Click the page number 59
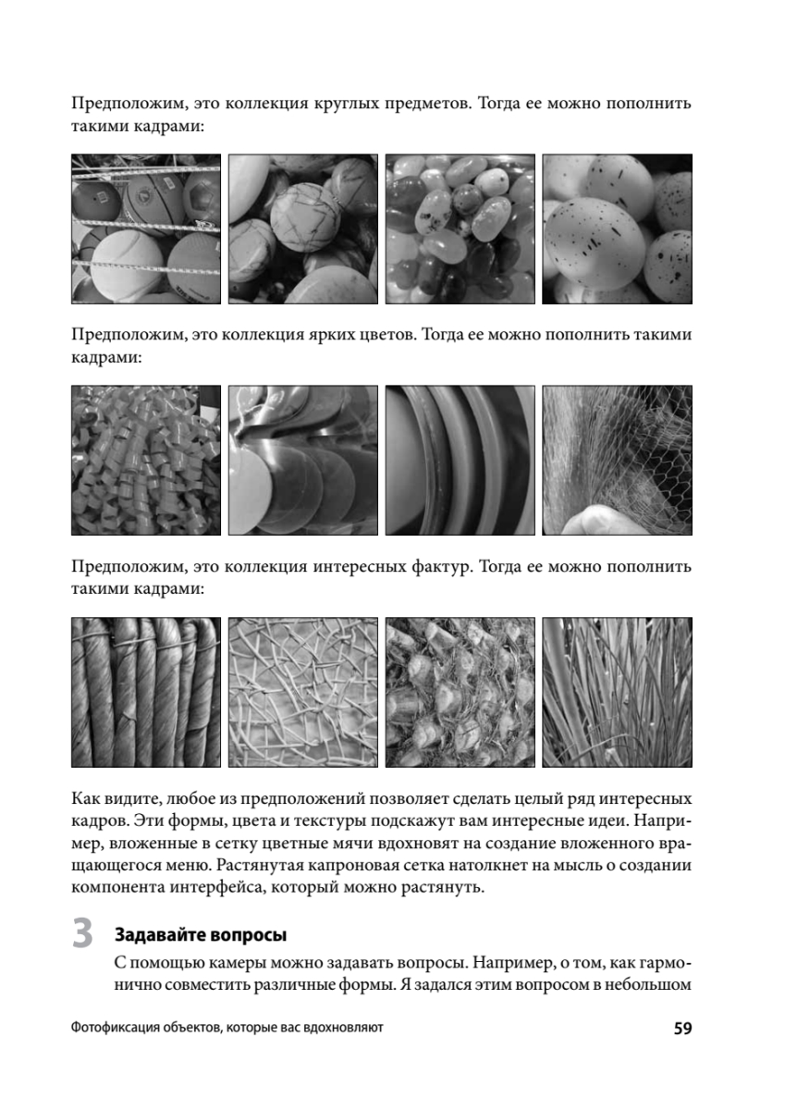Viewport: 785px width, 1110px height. (x=682, y=1029)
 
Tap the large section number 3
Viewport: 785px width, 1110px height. (x=82, y=933)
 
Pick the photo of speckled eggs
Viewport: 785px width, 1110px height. (x=617, y=229)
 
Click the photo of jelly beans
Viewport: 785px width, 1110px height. (x=460, y=229)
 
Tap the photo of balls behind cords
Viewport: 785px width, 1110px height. (x=146, y=229)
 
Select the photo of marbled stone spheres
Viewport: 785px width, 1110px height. (x=303, y=229)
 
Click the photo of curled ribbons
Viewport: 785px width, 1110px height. (x=146, y=461)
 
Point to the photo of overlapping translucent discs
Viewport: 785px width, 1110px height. (x=303, y=461)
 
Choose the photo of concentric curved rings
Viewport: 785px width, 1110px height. (x=460, y=461)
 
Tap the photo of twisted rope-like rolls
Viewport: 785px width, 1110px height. (x=146, y=692)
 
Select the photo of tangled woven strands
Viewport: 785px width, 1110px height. (x=303, y=692)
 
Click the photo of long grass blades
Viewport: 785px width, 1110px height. (x=617, y=692)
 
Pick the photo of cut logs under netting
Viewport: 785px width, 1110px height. (x=460, y=692)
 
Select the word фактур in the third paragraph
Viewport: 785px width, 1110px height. (x=441, y=567)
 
